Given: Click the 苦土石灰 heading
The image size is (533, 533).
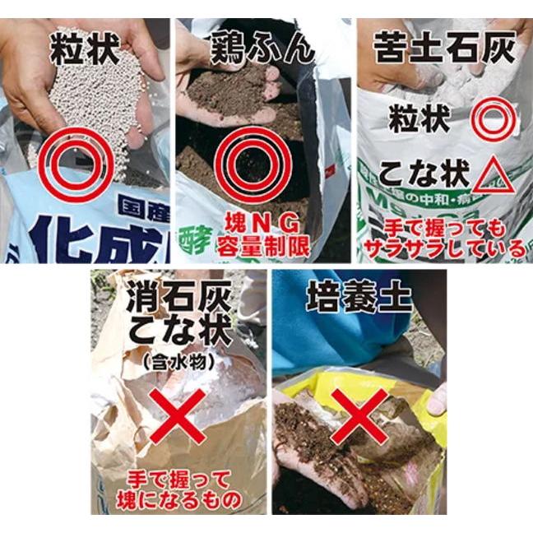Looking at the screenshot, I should point(443,49).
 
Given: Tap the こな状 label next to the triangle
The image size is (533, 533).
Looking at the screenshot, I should point(420,174).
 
